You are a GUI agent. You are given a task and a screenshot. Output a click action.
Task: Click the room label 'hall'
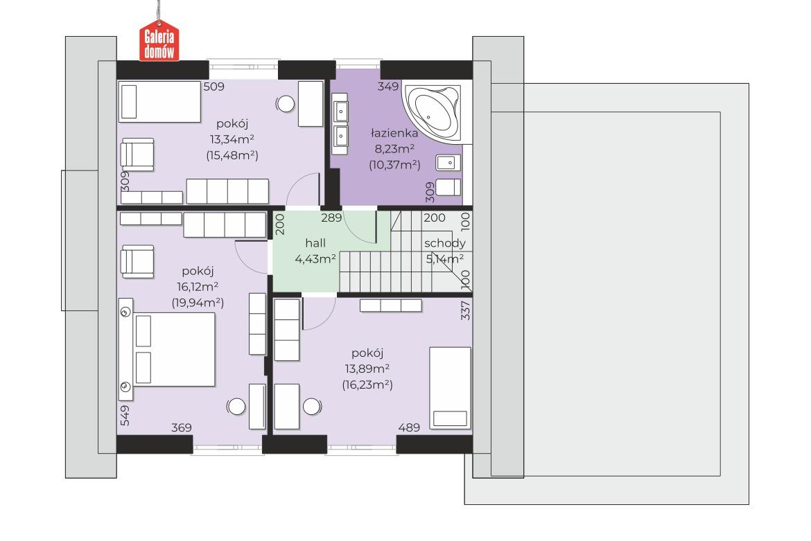click(x=315, y=243)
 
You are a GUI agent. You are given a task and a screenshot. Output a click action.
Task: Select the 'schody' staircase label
click(x=445, y=243)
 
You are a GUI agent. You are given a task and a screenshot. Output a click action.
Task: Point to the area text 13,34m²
click(x=232, y=139)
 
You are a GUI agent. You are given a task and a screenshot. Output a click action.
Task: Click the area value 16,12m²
click(x=198, y=287)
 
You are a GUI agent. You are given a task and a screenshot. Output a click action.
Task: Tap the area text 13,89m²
click(x=367, y=369)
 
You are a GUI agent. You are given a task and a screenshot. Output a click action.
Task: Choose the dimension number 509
click(x=213, y=87)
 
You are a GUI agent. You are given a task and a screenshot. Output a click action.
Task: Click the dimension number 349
click(x=388, y=87)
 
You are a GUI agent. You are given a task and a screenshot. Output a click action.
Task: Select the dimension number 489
click(x=408, y=428)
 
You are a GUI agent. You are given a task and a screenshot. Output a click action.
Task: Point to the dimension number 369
click(x=181, y=428)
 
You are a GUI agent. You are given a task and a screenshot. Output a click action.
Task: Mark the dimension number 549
click(x=125, y=416)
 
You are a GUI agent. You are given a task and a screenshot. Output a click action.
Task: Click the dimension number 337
click(x=466, y=310)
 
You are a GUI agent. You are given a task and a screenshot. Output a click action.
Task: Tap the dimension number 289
click(x=331, y=218)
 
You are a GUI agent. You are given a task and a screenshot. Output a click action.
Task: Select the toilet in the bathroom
click(x=448, y=187)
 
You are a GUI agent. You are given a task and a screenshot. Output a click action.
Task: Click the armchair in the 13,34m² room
click(x=137, y=154)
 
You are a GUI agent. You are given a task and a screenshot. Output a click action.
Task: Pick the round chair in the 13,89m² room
click(x=313, y=406)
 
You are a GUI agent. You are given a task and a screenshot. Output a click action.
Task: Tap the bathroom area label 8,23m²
click(x=394, y=149)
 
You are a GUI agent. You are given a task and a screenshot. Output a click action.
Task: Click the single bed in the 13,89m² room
click(x=450, y=387)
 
